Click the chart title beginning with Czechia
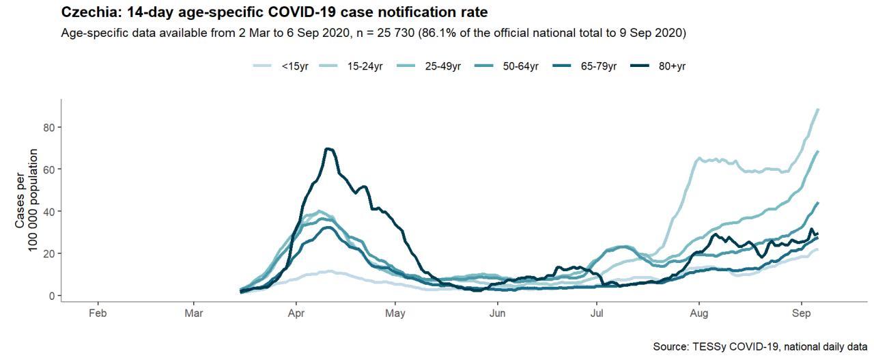click(x=274, y=12)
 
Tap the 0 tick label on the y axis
click(x=49, y=296)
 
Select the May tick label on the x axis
click(x=395, y=314)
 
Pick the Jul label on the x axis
click(x=597, y=314)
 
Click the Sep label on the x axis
click(x=801, y=314)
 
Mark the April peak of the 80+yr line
click(x=329, y=149)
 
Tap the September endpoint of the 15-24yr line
click(x=818, y=110)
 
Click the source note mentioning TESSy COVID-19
click(x=760, y=347)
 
